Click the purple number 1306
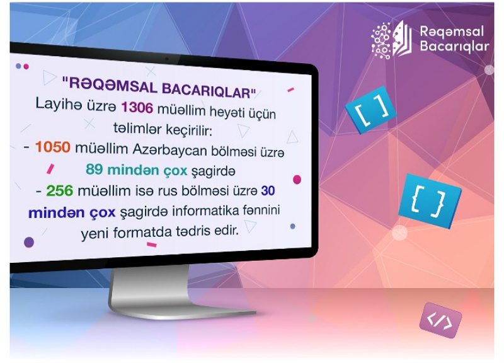coord(137,107)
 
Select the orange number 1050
coord(53,147)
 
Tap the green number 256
coord(60,190)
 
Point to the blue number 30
coord(268,191)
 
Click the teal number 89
coord(94,169)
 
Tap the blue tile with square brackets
coord(370,110)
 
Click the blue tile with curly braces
coord(430,201)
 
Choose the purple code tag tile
coord(440,320)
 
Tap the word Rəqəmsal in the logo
coord(452,32)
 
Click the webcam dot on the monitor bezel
coord(166,59)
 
